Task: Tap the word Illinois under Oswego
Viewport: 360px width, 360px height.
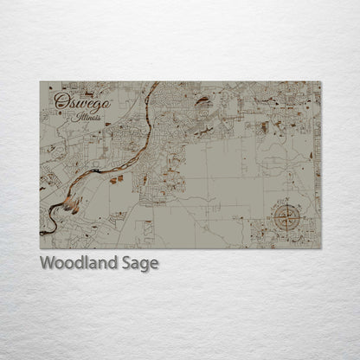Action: tap(87, 116)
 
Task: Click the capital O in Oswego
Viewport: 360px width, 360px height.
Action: tap(60, 101)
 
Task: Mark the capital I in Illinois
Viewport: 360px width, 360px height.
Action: tap(77, 115)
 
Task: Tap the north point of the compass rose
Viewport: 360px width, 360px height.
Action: tap(284, 200)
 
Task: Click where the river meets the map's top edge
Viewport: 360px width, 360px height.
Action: tap(157, 83)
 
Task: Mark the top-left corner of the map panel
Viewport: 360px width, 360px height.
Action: tap(40, 82)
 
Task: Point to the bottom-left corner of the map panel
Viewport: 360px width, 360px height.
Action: tap(40, 248)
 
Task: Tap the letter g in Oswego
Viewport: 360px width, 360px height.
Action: tap(84, 105)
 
